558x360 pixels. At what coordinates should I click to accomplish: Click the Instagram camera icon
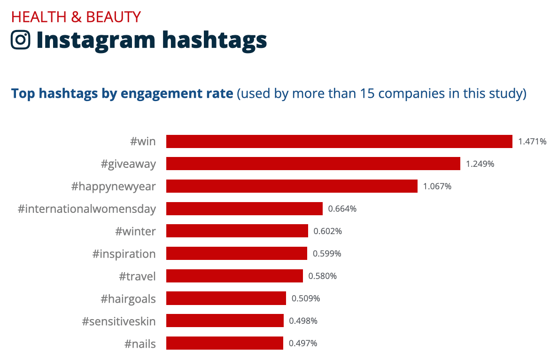coord(21,40)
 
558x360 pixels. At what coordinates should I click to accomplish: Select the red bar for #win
coord(339,141)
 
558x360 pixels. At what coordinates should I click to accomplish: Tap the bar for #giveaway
coord(313,164)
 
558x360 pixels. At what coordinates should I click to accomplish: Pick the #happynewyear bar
coord(292,186)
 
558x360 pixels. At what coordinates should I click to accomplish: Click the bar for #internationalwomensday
coord(244,209)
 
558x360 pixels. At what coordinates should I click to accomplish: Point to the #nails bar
coord(225,343)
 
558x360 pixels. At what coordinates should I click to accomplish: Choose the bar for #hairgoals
coord(226,298)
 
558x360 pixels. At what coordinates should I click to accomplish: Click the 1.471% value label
coord(532,141)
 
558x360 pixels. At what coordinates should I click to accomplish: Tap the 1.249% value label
coord(480,164)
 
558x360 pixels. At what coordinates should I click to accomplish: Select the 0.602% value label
coord(328,231)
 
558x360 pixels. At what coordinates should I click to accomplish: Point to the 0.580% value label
coord(323,276)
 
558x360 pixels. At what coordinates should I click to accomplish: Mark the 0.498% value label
coord(303,321)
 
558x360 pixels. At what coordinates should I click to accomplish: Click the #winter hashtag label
coord(135,231)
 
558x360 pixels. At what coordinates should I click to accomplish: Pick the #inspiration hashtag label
coord(124,254)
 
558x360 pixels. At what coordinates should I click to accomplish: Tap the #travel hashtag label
coord(137,276)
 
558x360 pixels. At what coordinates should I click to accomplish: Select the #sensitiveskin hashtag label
coord(118,321)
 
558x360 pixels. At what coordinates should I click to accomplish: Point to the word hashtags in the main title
coord(215,40)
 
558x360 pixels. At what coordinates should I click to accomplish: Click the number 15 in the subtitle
coord(367,94)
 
